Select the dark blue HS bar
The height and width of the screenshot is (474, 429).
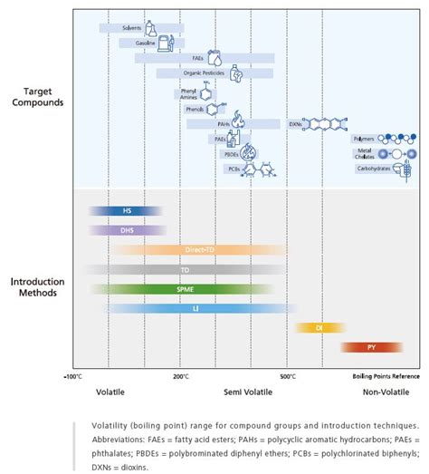click(127, 211)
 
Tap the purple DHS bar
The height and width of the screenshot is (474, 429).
click(127, 230)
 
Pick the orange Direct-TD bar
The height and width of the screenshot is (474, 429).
click(198, 249)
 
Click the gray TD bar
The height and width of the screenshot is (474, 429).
click(185, 269)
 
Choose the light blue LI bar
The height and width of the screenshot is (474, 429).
click(195, 308)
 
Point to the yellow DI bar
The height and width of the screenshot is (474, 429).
click(320, 327)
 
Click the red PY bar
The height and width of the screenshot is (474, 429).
click(371, 347)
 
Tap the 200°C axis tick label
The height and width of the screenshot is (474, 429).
click(181, 375)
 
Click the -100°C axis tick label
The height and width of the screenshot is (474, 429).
click(73, 375)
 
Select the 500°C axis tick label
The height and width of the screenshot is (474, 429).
click(288, 375)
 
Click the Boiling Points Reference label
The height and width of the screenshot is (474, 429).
click(385, 375)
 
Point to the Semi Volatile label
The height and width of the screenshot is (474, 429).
click(243, 392)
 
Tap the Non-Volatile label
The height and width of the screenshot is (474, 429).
click(384, 392)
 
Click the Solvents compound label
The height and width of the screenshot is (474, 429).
click(132, 28)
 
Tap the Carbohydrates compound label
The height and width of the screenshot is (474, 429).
click(372, 169)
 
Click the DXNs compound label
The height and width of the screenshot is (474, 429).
click(296, 123)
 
